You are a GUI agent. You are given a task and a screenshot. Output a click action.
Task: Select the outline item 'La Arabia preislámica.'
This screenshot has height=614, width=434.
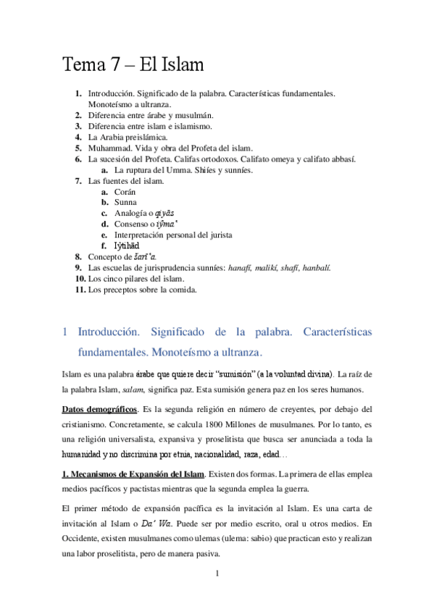pyautogui.click(x=127, y=136)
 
